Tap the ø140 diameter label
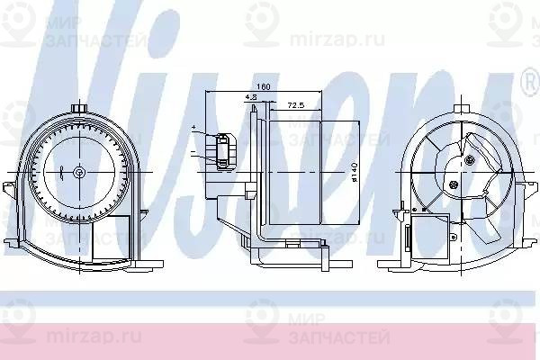[x=355, y=171]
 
